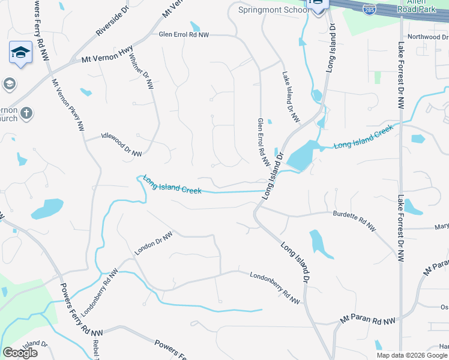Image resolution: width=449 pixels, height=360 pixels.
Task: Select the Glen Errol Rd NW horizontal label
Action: [183, 35]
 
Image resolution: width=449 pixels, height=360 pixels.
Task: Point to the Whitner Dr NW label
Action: [142, 74]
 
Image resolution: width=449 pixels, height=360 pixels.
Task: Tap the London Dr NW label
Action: [153, 244]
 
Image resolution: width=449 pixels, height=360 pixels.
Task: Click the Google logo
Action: [20, 353]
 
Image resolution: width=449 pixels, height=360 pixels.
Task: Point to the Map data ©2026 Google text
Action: [412, 355]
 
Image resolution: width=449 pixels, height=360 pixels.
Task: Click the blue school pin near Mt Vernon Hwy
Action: [20, 52]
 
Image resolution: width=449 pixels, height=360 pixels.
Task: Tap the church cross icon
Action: [26, 113]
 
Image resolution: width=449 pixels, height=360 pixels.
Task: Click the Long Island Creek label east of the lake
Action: [363, 137]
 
